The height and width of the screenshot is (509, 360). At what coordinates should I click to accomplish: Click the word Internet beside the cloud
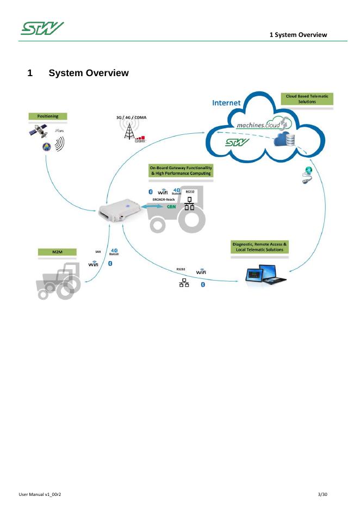click(227, 102)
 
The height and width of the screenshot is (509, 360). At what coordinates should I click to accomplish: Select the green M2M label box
click(57, 253)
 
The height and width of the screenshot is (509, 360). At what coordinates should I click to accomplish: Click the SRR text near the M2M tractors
click(98, 252)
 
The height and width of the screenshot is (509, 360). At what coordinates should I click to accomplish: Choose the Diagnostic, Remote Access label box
click(260, 247)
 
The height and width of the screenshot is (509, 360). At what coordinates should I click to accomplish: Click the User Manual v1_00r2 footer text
click(40, 494)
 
